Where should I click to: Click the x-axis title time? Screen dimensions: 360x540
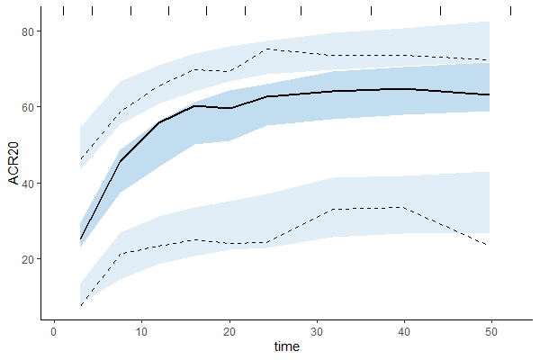(x=286, y=346)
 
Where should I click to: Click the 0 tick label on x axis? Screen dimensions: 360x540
(x=54, y=330)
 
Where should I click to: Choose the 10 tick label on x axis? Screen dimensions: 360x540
(x=141, y=330)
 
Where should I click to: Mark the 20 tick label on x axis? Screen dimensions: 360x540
(x=229, y=330)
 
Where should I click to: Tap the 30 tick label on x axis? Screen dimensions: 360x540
(x=316, y=330)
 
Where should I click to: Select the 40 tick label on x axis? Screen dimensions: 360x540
(x=403, y=330)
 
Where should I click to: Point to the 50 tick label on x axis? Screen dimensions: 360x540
(x=490, y=330)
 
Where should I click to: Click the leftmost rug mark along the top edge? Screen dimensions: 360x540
(x=63, y=11)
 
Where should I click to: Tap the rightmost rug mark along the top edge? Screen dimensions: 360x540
(x=510, y=11)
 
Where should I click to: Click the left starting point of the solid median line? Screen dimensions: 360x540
(x=80, y=239)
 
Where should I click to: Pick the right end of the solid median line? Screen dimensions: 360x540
(x=489, y=94)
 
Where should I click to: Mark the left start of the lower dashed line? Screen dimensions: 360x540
(x=80, y=306)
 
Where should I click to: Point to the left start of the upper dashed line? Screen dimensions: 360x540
(x=80, y=160)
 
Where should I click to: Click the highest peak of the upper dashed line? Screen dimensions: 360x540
(x=265, y=49)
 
